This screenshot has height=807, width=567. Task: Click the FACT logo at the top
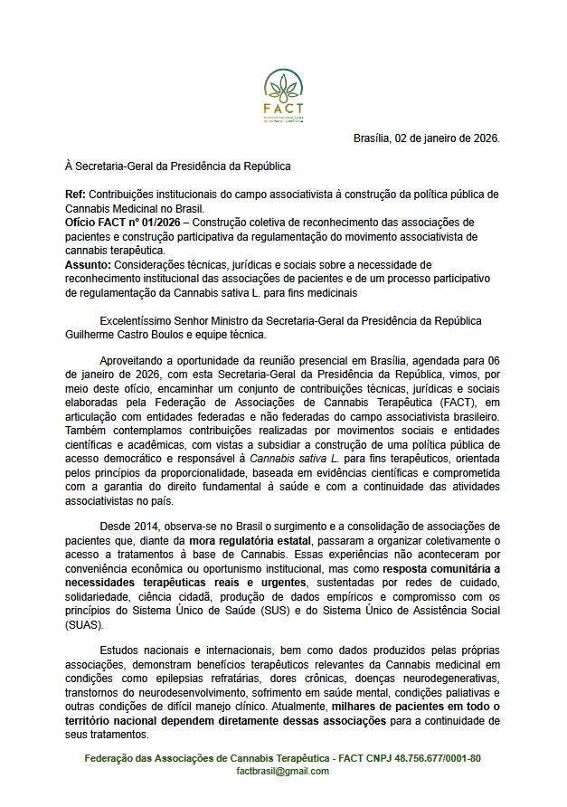[x=283, y=97]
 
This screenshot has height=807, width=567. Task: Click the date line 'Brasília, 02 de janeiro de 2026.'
[x=426, y=138]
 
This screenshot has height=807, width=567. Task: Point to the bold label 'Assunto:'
[x=89, y=264]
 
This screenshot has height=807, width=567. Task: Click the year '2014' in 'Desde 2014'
[x=145, y=527]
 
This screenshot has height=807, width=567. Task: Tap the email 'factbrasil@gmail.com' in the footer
[x=283, y=771]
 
